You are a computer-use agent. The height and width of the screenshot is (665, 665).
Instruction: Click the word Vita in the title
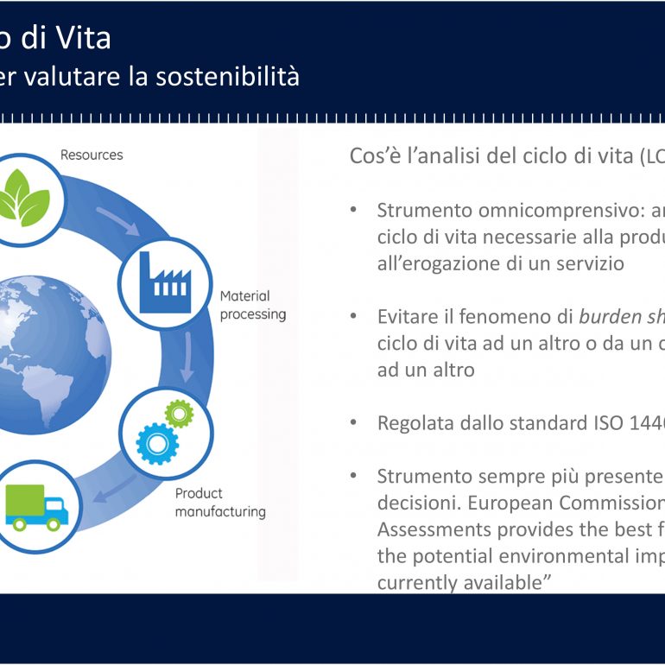pyautogui.click(x=84, y=38)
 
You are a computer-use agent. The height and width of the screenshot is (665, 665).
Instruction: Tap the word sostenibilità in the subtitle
pyautogui.click(x=227, y=76)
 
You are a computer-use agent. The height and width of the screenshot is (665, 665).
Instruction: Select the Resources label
pyautogui.click(x=92, y=155)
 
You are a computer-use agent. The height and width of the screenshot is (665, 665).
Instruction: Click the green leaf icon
pyautogui.click(x=24, y=198)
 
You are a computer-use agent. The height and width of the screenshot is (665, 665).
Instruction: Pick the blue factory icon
pyautogui.click(x=165, y=282)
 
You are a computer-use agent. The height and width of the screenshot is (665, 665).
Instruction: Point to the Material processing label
pyautogui.click(x=253, y=305)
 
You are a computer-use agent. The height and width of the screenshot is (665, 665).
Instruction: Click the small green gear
pyautogui.click(x=179, y=414)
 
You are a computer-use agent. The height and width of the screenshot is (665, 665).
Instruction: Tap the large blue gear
pyautogui.click(x=157, y=444)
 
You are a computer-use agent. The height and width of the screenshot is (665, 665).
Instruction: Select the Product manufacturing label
pyautogui.click(x=220, y=503)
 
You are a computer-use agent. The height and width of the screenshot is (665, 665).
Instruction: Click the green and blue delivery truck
pyautogui.click(x=36, y=508)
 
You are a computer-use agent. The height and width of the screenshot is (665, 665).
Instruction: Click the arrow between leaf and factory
pyautogui.click(x=118, y=221)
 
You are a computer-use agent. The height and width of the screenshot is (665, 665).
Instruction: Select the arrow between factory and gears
pyautogui.click(x=187, y=357)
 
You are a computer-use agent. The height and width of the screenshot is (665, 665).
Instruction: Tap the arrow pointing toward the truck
pyautogui.click(x=115, y=489)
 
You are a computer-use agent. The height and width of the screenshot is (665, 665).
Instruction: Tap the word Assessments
pyautogui.click(x=434, y=529)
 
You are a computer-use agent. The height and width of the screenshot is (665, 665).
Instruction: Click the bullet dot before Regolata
pyautogui.click(x=353, y=423)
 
